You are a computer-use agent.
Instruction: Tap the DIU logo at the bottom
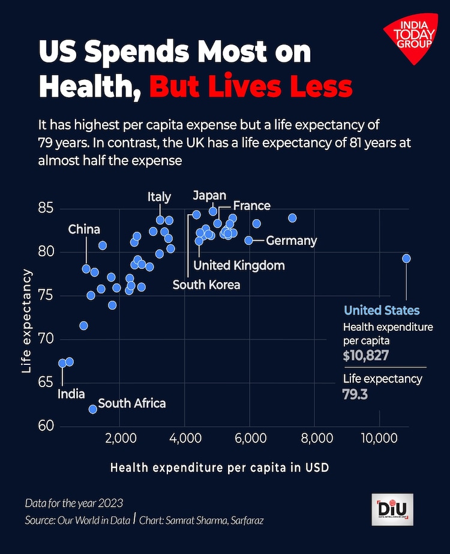pos(392,510)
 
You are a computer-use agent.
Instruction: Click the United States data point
pos(406,258)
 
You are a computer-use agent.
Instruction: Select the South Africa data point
pos(93,409)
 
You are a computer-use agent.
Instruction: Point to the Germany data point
pos(249,240)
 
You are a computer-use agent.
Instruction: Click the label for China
pos(84,229)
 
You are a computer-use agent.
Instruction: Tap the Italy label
pos(160,197)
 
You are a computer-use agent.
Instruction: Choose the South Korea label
pos(206,285)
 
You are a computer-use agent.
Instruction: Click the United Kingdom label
pos(231,265)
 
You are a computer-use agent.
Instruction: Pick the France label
pos(251,206)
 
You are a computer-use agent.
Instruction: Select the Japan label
pos(209,196)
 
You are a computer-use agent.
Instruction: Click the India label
pos(71,394)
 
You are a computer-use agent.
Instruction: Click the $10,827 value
pos(366,355)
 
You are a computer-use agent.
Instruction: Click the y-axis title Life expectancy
pos(26,321)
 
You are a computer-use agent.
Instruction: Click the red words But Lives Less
pos(251,87)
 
